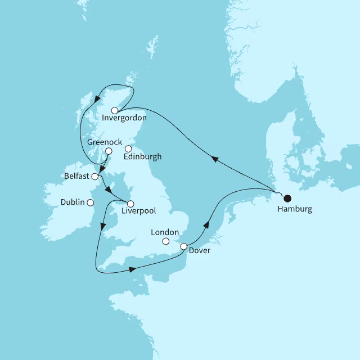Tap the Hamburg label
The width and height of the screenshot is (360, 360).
point(295,209)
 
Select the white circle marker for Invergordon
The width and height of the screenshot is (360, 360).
point(115,110)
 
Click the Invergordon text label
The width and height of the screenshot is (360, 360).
point(125,118)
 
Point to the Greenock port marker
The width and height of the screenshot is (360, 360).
point(109,151)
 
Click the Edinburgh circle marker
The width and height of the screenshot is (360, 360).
point(128,149)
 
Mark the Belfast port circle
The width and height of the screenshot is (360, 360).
point(95,177)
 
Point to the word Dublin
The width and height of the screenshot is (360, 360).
point(74,202)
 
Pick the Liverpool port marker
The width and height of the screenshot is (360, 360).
point(130,204)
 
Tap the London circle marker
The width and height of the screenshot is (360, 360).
point(165,242)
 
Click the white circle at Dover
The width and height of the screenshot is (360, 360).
point(183,246)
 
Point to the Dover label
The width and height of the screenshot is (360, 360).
point(200,251)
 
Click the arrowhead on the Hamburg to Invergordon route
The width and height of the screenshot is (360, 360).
point(214,160)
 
